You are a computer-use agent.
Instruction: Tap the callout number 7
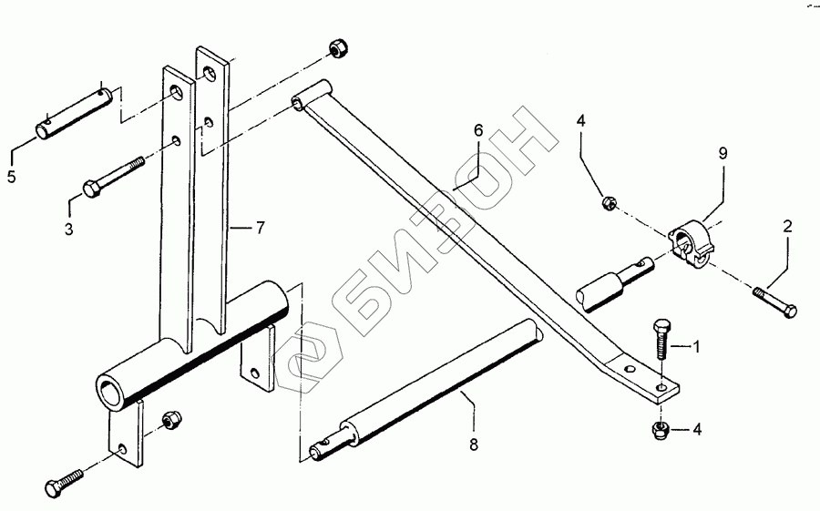261,228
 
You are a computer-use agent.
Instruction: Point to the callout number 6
476,130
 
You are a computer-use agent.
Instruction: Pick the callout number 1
696,346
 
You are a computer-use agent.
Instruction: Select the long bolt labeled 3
114,177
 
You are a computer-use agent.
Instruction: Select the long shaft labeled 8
428,391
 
